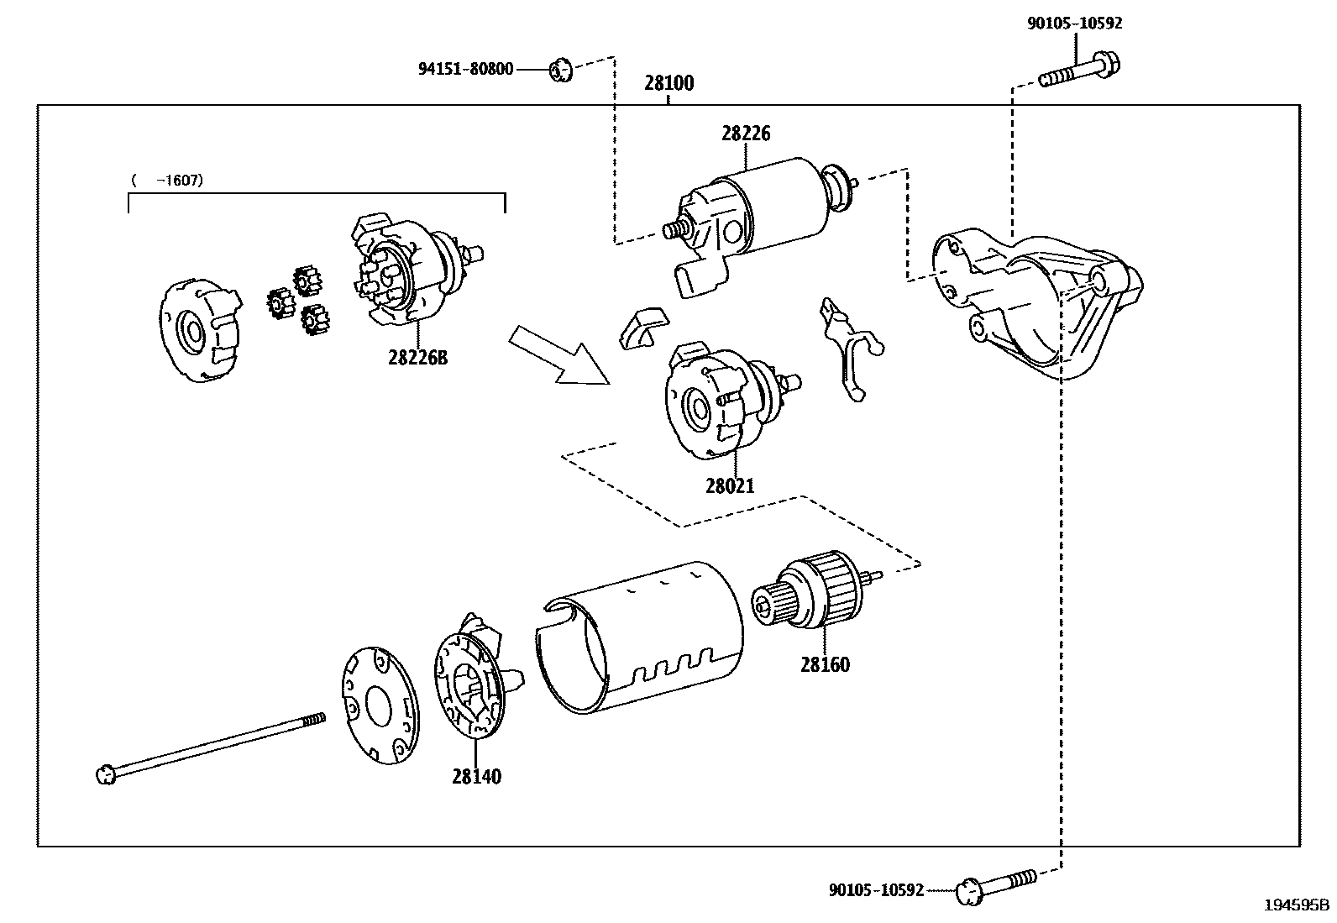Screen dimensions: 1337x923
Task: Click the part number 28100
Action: pos(669,83)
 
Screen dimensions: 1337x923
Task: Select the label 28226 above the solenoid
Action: pos(746,134)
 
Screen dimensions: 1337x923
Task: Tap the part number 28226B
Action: pos(418,358)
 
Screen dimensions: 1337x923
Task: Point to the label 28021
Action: pos(730,486)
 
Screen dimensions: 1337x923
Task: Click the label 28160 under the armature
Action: pos(825,664)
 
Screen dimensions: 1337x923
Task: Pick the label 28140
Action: pos(476,776)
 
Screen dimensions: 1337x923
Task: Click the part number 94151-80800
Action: pos(465,69)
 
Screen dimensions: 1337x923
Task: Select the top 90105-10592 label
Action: pos(1074,24)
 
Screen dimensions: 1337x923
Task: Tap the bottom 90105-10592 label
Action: pos(876,890)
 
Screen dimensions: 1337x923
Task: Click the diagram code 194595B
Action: pos(1296,905)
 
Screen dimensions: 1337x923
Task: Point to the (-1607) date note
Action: pos(167,181)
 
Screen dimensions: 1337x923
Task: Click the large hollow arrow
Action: pos(559,355)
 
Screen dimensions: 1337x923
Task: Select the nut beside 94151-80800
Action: pos(560,70)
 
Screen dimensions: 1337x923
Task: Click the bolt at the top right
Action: pos(1079,71)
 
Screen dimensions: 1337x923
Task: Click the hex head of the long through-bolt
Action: pos(106,774)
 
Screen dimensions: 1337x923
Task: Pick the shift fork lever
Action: pos(851,350)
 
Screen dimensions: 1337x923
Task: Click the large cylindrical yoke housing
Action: pos(640,637)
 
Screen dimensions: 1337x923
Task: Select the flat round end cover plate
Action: pos(380,705)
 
